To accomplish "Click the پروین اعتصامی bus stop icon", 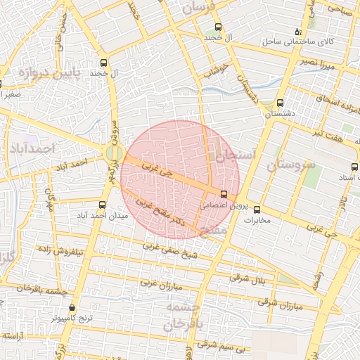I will click(224, 194).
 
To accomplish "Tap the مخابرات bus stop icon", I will click(256, 209).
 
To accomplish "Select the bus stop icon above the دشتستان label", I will click(280, 103).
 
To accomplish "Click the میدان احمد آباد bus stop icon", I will click(103, 205).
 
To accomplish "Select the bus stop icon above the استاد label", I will click(353, 167).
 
